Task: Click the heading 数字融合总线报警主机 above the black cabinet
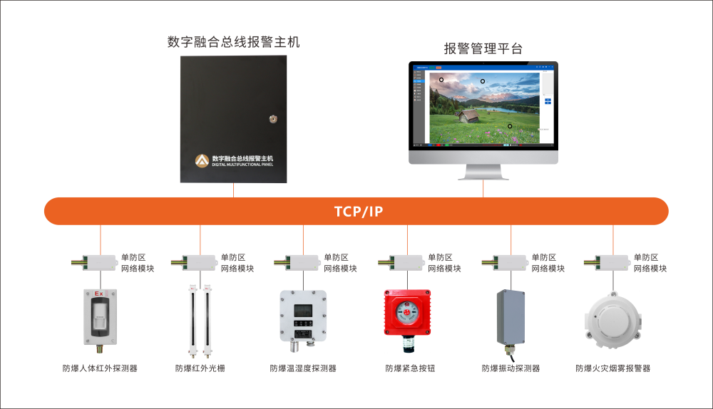(x=233, y=42)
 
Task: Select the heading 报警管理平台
(x=483, y=48)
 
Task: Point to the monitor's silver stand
(x=483, y=171)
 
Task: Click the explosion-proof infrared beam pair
(x=200, y=321)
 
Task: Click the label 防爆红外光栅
(x=200, y=368)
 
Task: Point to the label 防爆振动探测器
(x=511, y=368)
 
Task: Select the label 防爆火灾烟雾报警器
(x=612, y=368)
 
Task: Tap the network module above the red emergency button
(x=406, y=262)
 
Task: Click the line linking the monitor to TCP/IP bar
(x=483, y=189)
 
